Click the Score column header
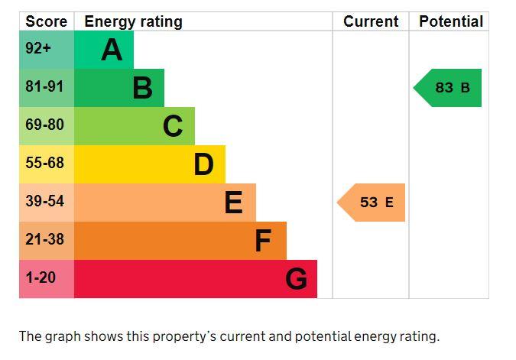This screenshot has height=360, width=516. pos(47,21)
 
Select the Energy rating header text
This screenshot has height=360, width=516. pos(133,22)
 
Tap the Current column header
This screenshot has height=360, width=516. pos(371,21)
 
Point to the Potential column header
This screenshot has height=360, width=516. pos(451,21)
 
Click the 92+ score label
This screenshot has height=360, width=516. pos(38,48)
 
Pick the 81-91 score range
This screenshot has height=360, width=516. pos(44,86)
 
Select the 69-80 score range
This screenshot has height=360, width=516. pos(45,125)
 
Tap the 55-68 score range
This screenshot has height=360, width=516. pos(45,163)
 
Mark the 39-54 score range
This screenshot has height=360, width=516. pos(45,201)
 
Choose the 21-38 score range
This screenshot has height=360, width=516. pos(45,239)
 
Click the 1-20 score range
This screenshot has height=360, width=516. pos(41,277)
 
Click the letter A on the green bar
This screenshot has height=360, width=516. pos(112,50)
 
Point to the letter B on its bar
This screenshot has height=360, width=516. pos(142,88)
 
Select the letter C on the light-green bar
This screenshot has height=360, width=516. pos(173,126)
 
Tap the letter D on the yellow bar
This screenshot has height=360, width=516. pos(203,164)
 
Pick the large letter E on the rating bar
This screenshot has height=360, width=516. pos(234,203)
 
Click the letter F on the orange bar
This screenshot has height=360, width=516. pos(263,241)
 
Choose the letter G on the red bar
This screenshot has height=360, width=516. pos(296,279)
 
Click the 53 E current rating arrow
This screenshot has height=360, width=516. pos(372,203)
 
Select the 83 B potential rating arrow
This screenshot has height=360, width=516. pos(447,88)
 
